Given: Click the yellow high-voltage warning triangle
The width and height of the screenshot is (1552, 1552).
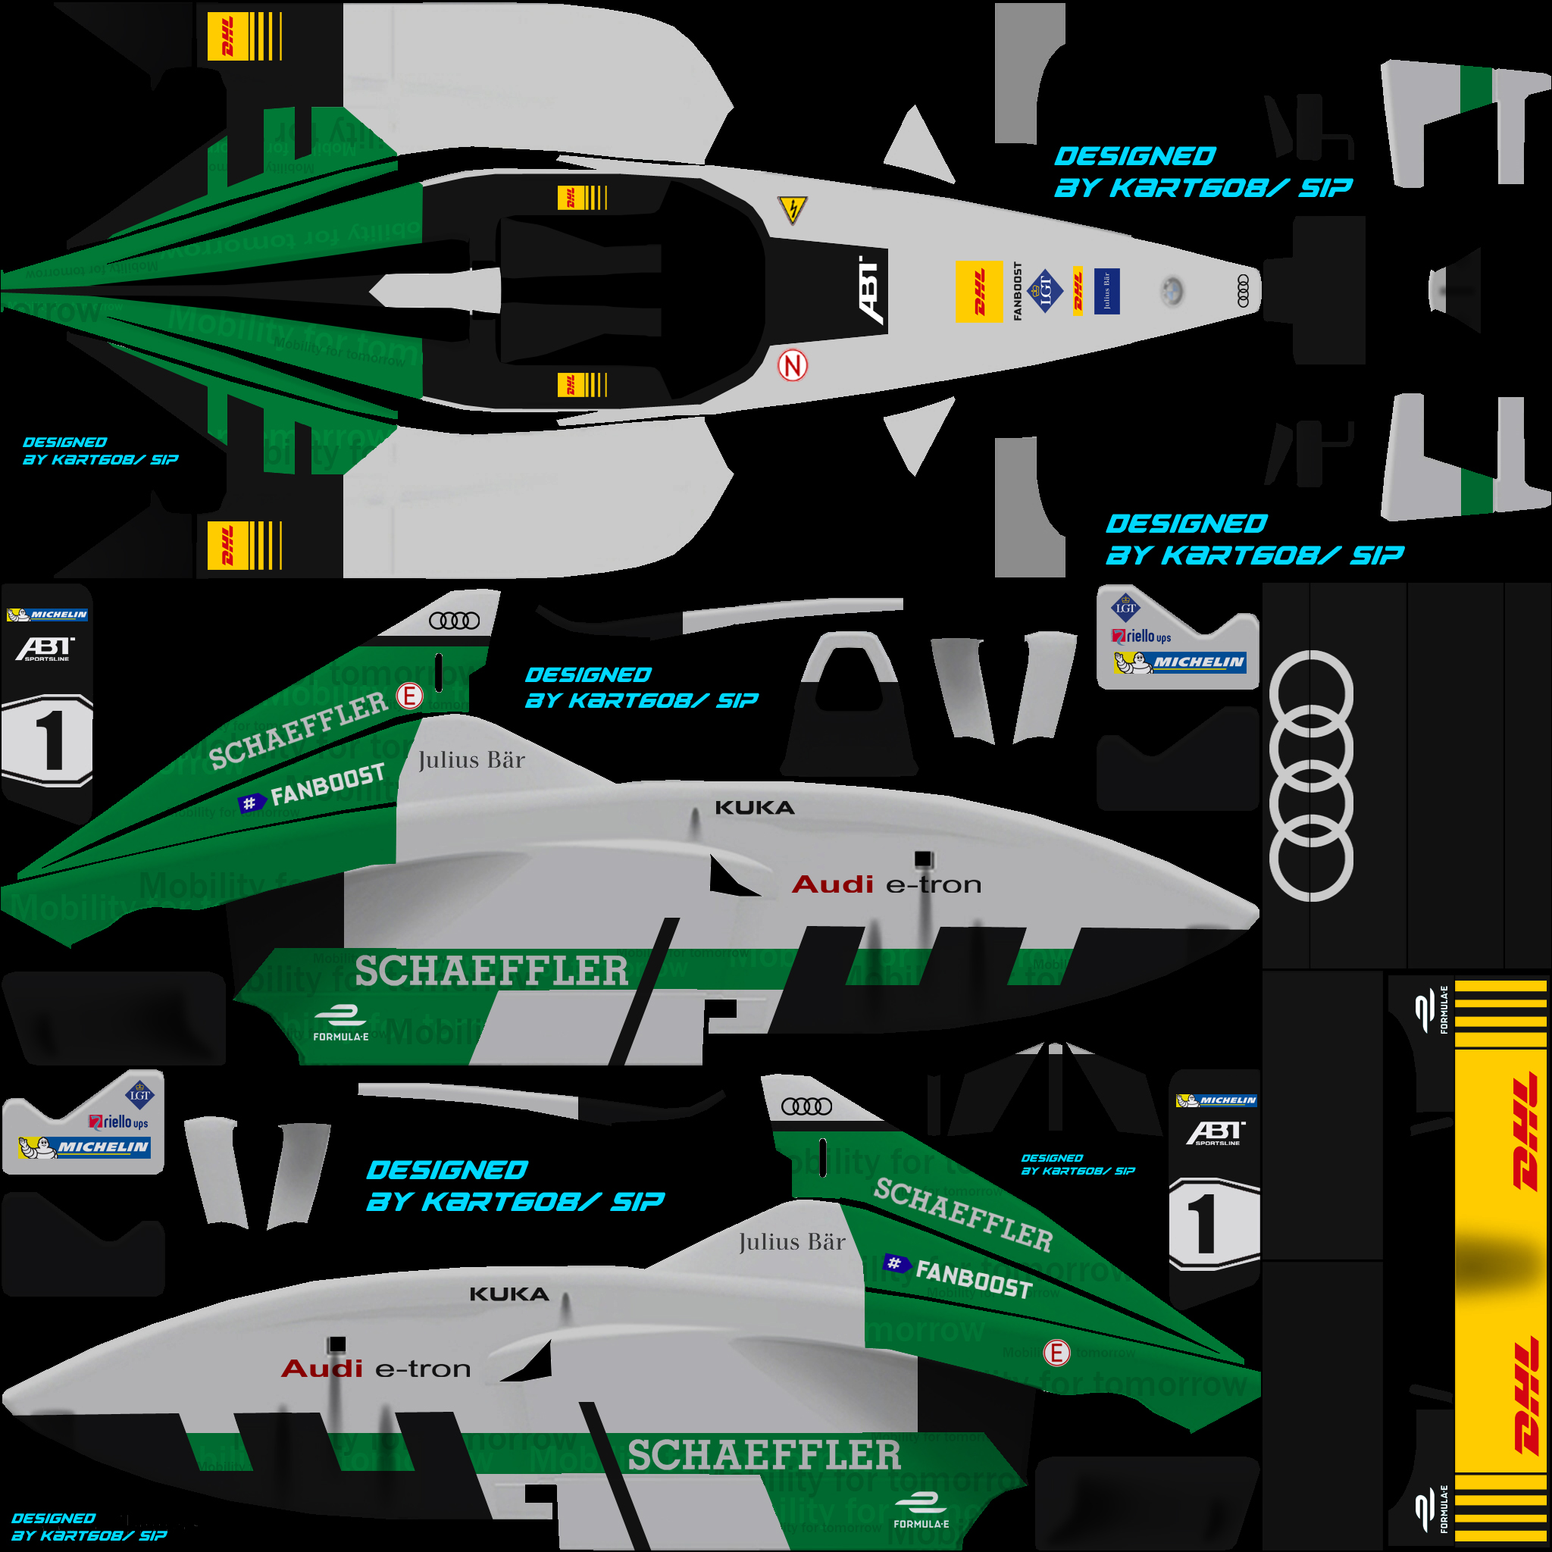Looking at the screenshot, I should click(x=792, y=210).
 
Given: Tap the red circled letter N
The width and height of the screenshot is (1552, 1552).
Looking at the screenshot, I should click(x=792, y=366).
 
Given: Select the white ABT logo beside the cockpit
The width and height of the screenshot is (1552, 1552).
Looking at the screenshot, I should click(x=871, y=290).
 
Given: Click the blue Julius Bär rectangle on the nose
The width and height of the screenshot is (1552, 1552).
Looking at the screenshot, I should click(x=1106, y=290).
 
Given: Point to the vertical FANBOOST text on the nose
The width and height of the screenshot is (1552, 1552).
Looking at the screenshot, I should click(x=1017, y=290).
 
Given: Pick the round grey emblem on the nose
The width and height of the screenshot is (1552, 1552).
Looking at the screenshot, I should click(x=1172, y=291).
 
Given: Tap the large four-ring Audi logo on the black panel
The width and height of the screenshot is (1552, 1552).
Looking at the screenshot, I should click(x=1310, y=775).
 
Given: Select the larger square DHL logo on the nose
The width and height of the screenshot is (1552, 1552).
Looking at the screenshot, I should click(x=979, y=291).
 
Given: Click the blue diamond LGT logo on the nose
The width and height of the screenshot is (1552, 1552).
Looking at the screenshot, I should click(x=1045, y=290).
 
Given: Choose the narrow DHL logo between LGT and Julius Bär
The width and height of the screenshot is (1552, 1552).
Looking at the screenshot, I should click(x=1078, y=290).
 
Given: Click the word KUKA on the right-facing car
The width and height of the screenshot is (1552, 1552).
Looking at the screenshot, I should click(x=754, y=807).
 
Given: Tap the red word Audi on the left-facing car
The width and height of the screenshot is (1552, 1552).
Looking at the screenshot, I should click(x=321, y=1368).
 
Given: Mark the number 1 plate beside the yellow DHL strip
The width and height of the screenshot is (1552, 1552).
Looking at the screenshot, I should click(x=1213, y=1225).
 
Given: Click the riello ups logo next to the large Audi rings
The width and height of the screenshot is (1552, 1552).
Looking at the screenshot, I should click(x=1141, y=637).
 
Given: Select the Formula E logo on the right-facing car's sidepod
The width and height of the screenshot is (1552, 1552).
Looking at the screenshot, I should click(x=340, y=1025).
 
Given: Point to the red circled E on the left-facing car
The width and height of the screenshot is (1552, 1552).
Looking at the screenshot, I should click(x=1056, y=1353).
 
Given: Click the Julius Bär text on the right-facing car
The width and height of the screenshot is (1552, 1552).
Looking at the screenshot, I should click(x=471, y=760).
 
